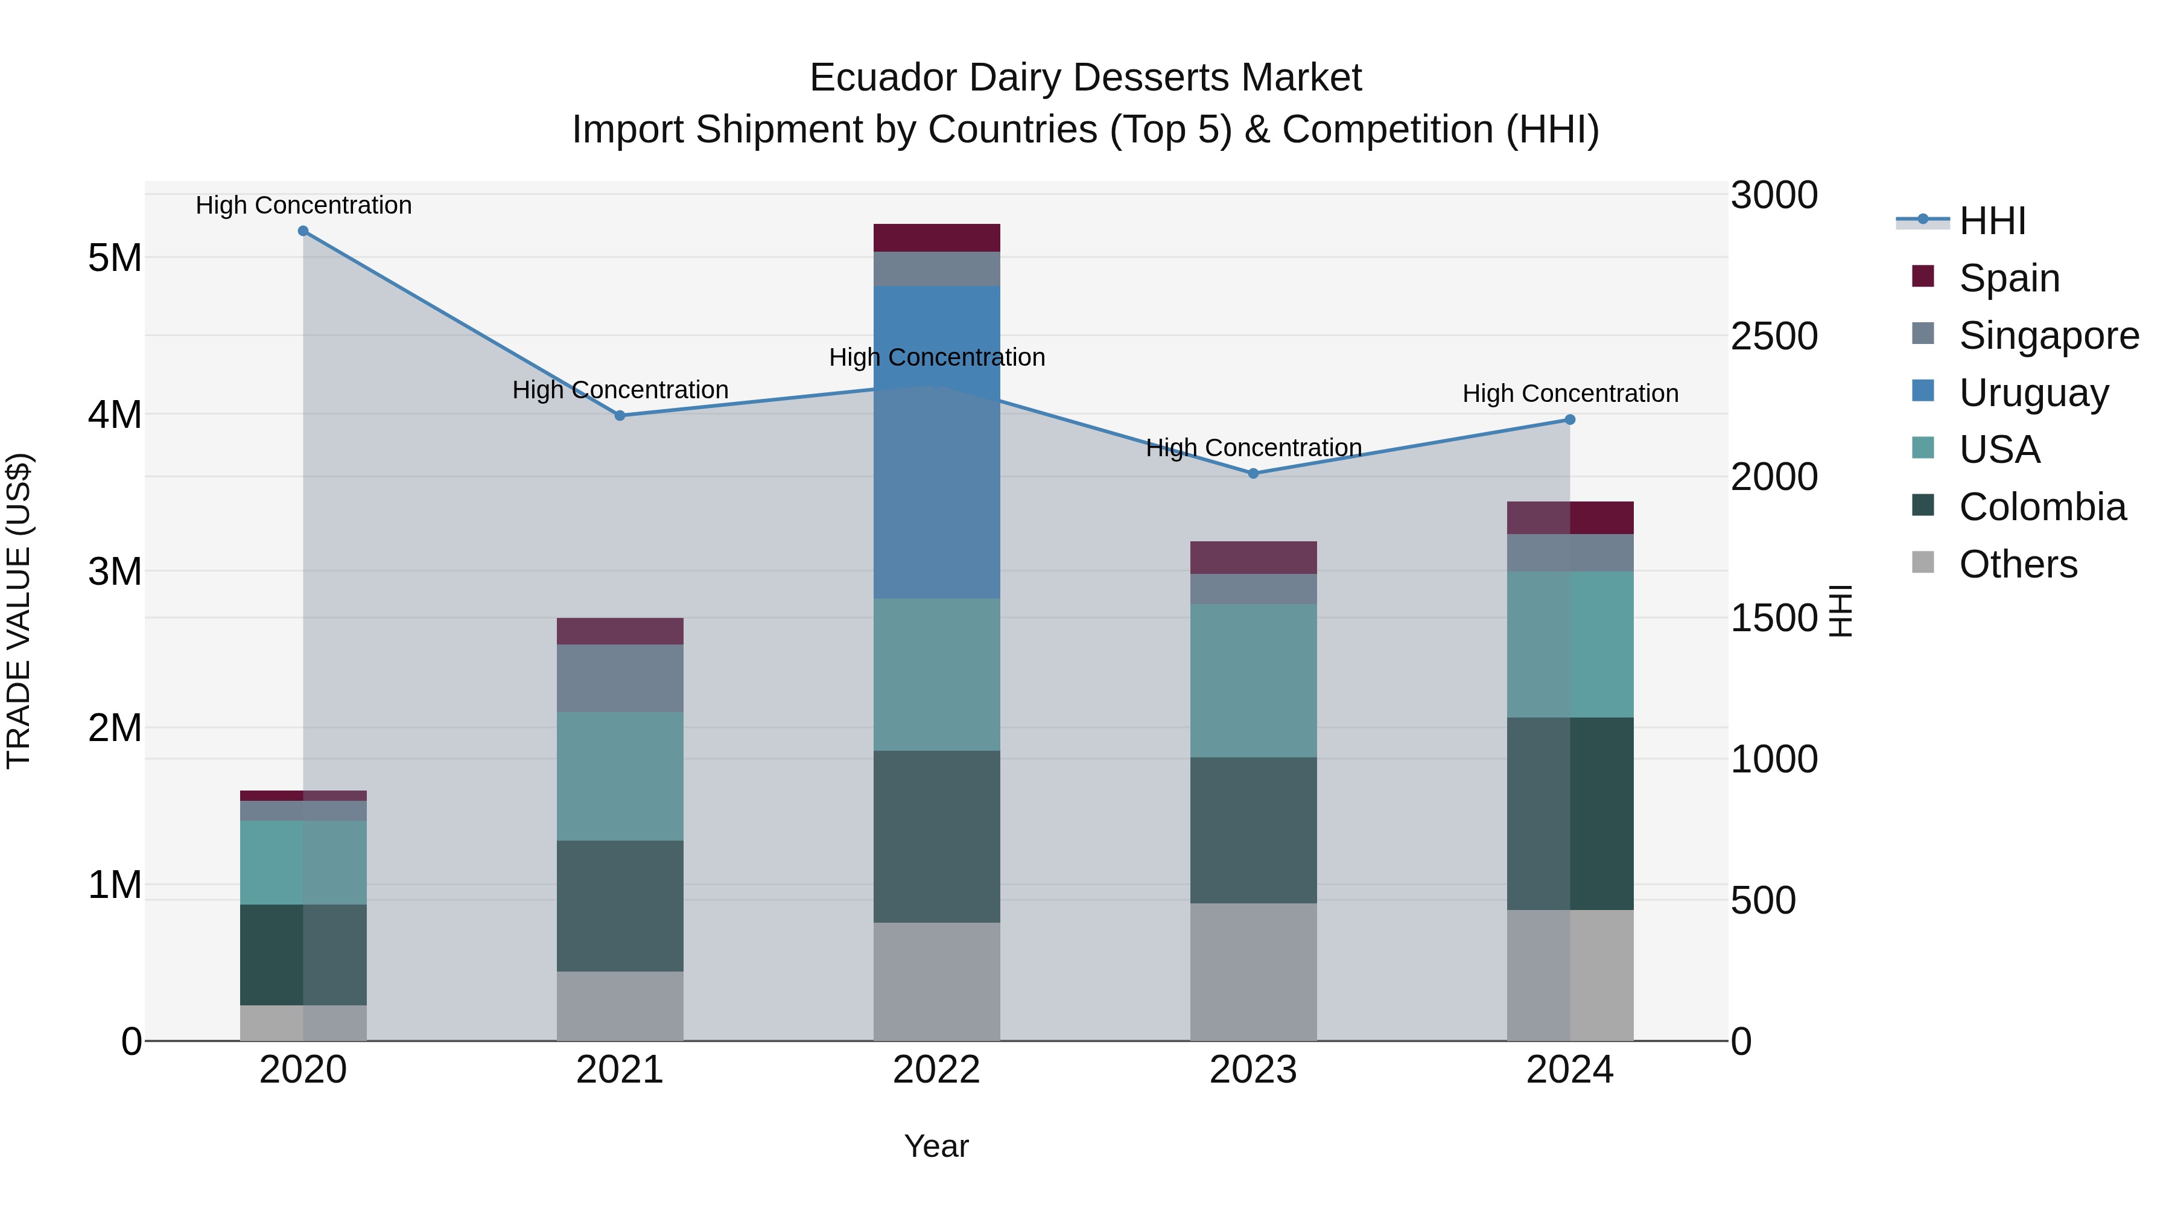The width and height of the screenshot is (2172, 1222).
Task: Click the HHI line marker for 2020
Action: pyautogui.click(x=303, y=231)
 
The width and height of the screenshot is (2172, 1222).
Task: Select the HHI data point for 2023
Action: pyautogui.click(x=1253, y=474)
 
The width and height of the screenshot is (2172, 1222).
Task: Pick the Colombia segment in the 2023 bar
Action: pyautogui.click(x=1253, y=831)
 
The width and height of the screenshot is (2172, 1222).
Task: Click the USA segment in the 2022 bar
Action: pyautogui.click(x=937, y=675)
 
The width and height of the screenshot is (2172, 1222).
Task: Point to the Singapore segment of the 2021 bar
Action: pyautogui.click(x=620, y=679)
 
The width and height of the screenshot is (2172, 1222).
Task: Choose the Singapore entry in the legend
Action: pyautogui.click(x=2048, y=336)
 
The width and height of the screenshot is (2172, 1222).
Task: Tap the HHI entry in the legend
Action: pyautogui.click(x=1992, y=221)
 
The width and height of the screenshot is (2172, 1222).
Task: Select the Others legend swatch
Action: pyautogui.click(x=1923, y=562)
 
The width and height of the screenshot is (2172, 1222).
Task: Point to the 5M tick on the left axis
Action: pyautogui.click(x=115, y=258)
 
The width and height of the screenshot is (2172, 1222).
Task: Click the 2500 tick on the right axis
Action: pyautogui.click(x=1774, y=337)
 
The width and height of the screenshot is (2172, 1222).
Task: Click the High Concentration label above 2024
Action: pyautogui.click(x=1570, y=394)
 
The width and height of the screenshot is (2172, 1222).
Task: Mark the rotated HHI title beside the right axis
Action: pyautogui.click(x=1841, y=611)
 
